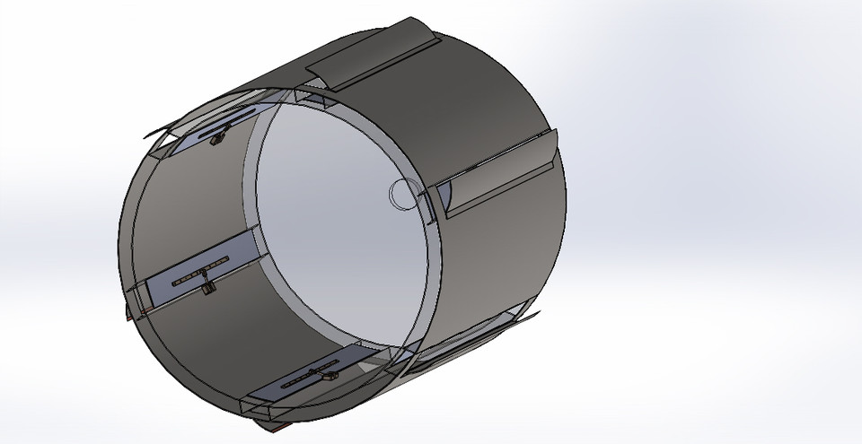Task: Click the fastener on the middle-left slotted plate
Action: click(207, 286)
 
